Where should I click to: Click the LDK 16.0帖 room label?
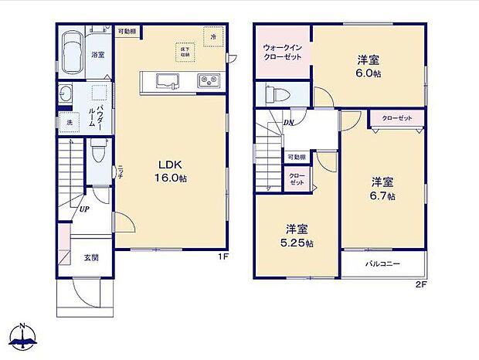coord(172,171)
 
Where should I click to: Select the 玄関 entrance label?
coord(91,257)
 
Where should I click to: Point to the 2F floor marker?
coord(421,284)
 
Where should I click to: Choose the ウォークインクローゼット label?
coord(282,53)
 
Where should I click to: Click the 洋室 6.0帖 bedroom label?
coord(368,66)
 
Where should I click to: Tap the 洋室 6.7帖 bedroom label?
coord(382,189)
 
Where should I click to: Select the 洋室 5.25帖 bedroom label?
coord(297,236)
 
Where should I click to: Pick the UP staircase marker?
coord(82,207)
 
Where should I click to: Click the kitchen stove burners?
coord(208,80)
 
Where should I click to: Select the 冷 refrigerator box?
coord(211,36)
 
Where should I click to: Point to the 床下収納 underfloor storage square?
coord(185,53)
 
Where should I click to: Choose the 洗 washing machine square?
coord(69,124)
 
